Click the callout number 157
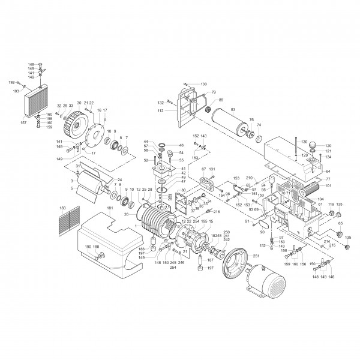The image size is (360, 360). [23, 123]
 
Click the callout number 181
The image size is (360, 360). [110, 209]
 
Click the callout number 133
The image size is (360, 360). [203, 84]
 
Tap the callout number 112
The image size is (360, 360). [160, 110]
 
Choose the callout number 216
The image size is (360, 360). [217, 212]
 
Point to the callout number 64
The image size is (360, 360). [328, 172]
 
